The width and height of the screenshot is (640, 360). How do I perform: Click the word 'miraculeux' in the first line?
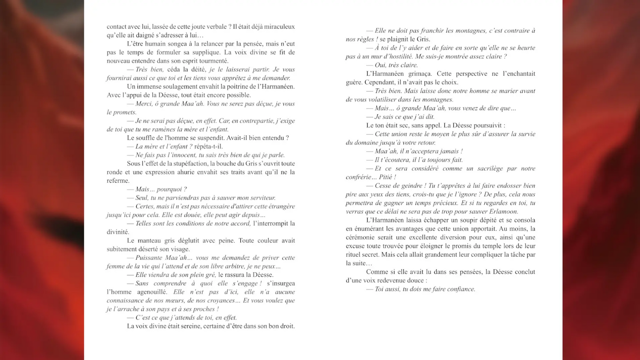pos(279,26)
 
